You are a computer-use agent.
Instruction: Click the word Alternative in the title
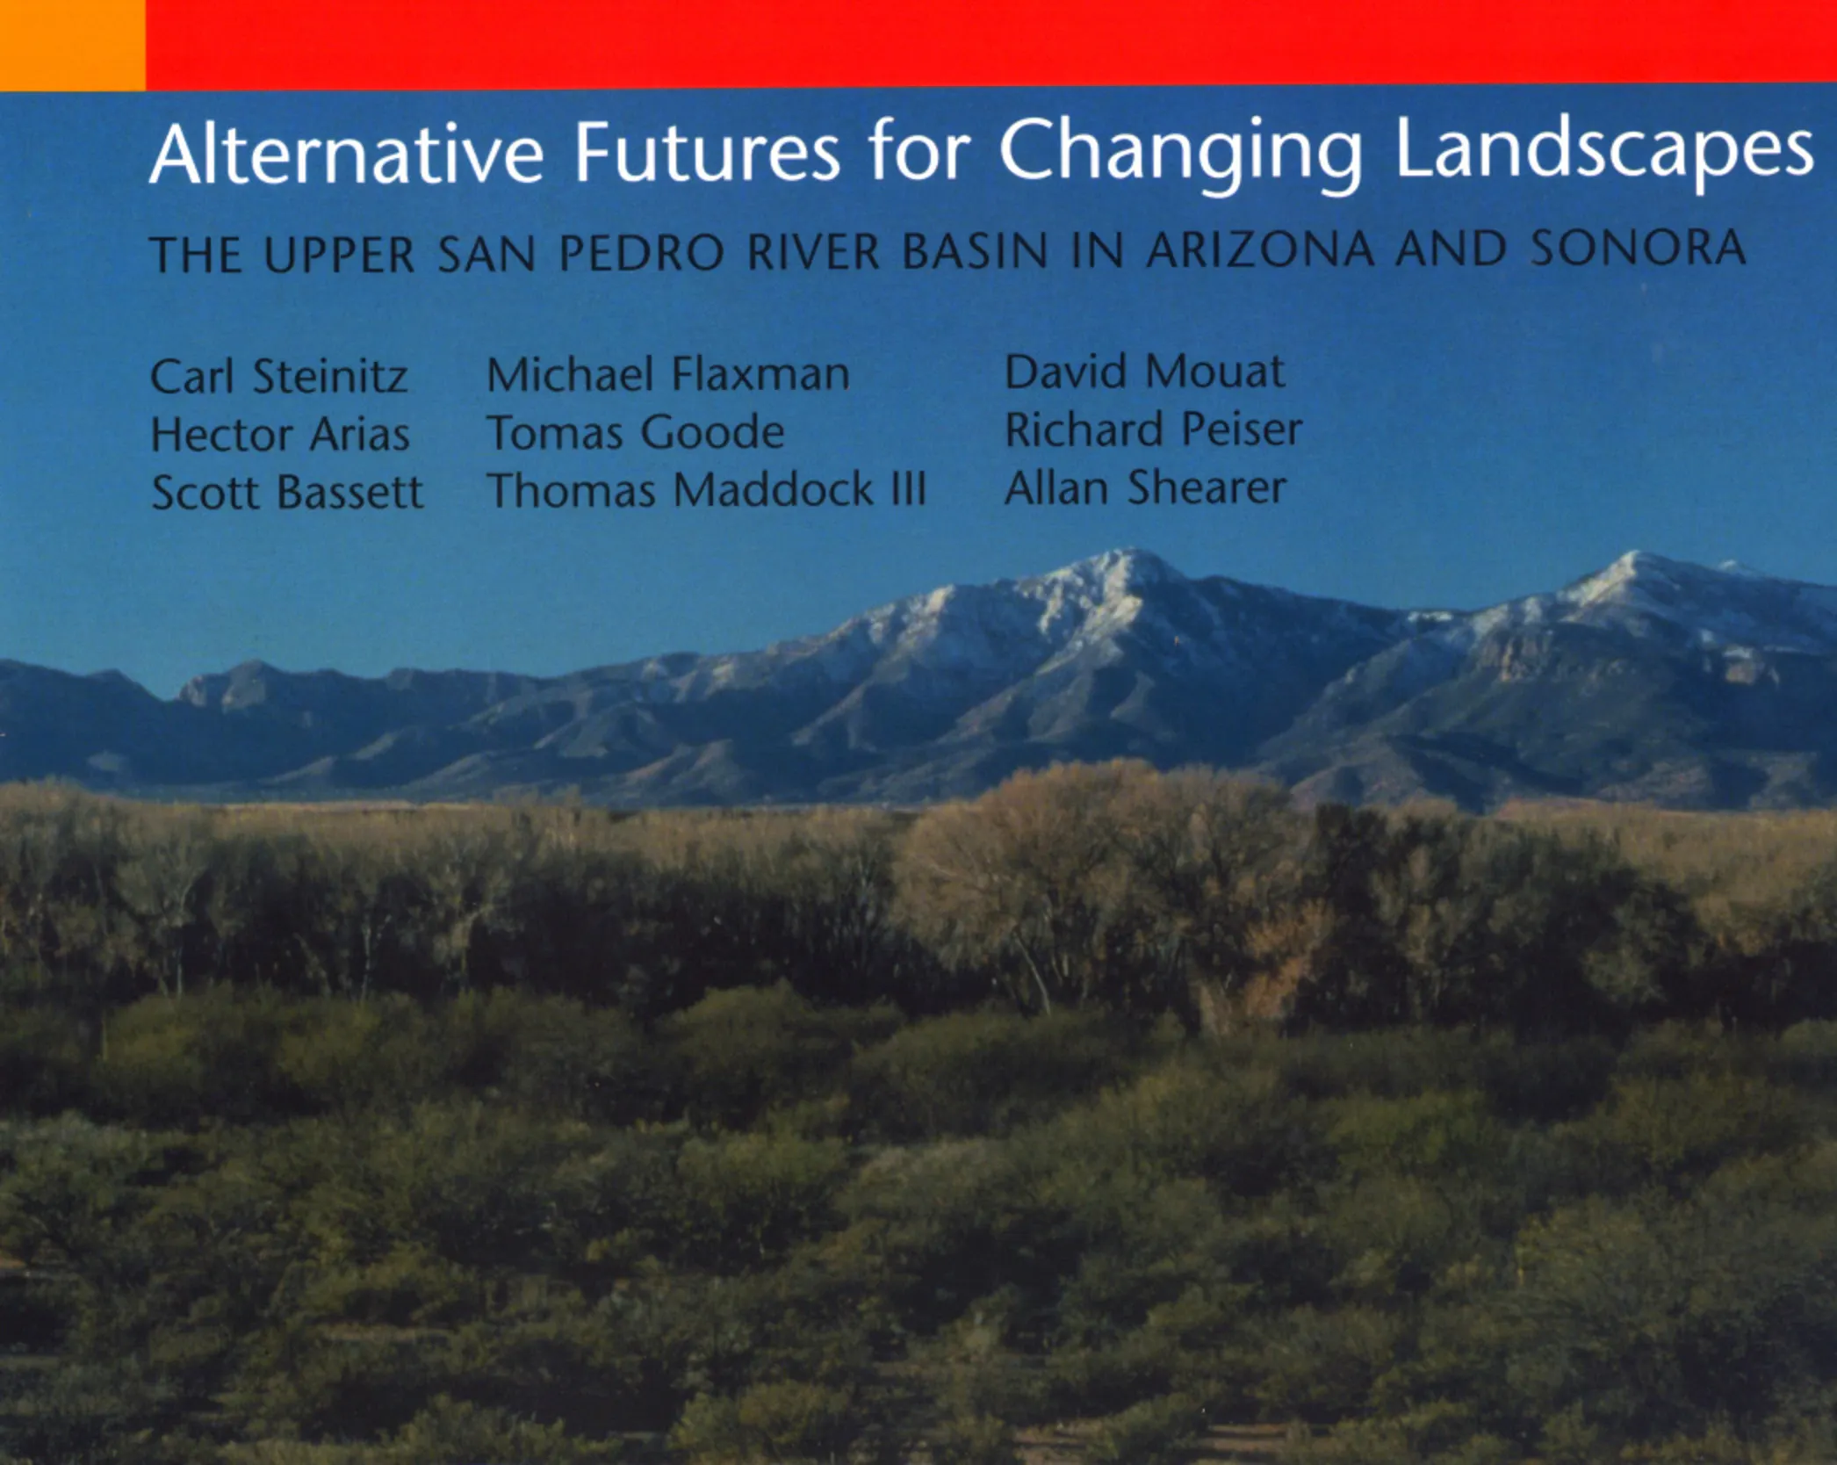coord(347,155)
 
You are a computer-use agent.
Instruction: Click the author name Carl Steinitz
coord(278,376)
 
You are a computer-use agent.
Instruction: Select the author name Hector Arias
coord(280,434)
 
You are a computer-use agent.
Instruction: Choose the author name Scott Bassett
coord(287,492)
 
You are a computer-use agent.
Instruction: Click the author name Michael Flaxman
coord(668,374)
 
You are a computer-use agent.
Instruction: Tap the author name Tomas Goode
coord(636,432)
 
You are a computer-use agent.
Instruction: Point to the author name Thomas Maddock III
coord(707,490)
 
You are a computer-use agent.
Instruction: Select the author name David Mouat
coord(1144,372)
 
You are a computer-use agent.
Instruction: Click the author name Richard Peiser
coord(1153,429)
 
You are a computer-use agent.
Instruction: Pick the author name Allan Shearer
coord(1145,487)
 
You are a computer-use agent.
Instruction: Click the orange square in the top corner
coord(72,45)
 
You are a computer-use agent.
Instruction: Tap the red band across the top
coord(991,43)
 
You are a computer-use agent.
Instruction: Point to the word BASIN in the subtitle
coord(975,251)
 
